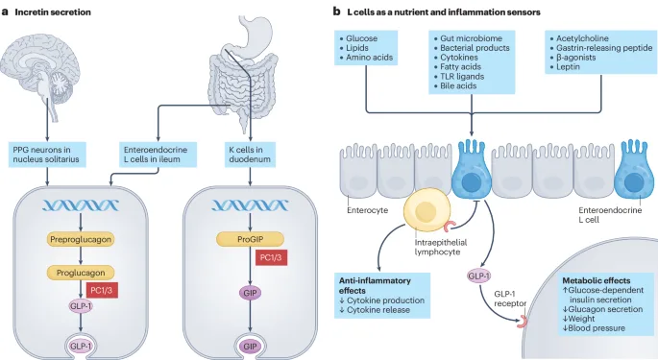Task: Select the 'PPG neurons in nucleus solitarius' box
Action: (x=47, y=155)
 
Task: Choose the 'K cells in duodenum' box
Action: (x=250, y=155)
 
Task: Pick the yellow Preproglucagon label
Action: (x=81, y=240)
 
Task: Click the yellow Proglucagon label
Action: (x=81, y=273)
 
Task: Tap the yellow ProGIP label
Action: (x=250, y=239)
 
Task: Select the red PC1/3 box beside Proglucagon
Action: (x=102, y=290)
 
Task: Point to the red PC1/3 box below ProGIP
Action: (x=271, y=257)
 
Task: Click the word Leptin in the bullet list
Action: (x=568, y=66)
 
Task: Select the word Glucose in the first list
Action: (x=362, y=38)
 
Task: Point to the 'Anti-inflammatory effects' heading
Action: (x=375, y=285)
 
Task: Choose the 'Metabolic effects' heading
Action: (x=597, y=280)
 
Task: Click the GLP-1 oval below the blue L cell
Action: (x=478, y=276)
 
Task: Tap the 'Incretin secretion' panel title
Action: (x=53, y=12)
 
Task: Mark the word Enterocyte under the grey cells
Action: (x=368, y=210)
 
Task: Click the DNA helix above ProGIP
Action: (x=250, y=205)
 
